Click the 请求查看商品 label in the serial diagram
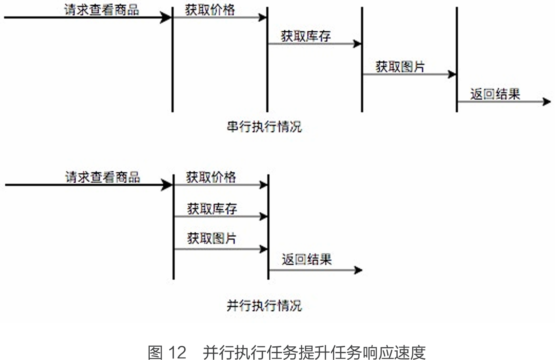pyautogui.click(x=102, y=10)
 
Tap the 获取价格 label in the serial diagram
pyautogui.click(x=210, y=10)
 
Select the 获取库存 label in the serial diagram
pyautogui.click(x=306, y=36)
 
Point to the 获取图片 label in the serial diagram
pyautogui.click(x=400, y=67)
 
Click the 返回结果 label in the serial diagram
pyautogui.click(x=495, y=94)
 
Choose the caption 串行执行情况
pyautogui.click(x=264, y=127)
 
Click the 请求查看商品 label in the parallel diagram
pyautogui.click(x=103, y=177)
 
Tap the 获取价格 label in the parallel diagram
pyautogui.click(x=211, y=177)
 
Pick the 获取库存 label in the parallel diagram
pyautogui.click(x=212, y=208)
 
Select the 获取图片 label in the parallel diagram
pyautogui.click(x=211, y=238)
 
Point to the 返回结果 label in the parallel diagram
pyautogui.click(x=307, y=259)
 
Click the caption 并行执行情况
pyautogui.click(x=264, y=306)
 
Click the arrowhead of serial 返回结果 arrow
pyautogui.click(x=547, y=102)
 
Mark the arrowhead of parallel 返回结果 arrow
pyautogui.click(x=358, y=270)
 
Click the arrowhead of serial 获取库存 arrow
pyautogui.click(x=357, y=44)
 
